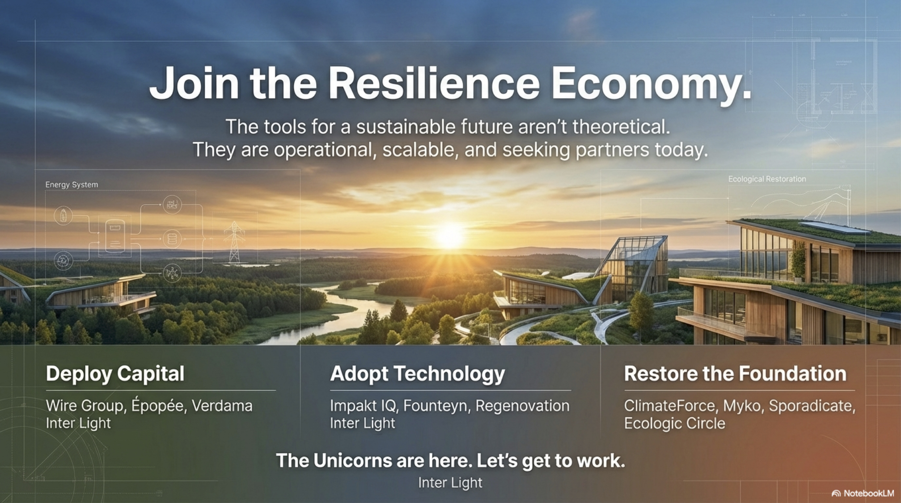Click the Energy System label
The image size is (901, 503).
(x=72, y=185)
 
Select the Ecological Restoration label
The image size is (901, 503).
(x=767, y=179)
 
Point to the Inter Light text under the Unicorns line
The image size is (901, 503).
(x=450, y=483)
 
